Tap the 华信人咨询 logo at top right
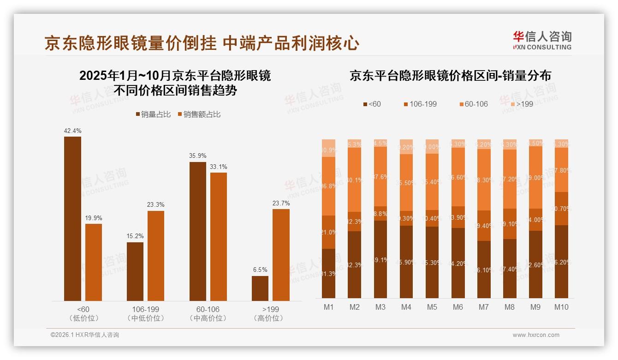[542, 40]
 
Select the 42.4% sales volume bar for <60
[72, 219]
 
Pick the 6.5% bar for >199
[260, 288]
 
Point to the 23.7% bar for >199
[281, 255]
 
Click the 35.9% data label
[197, 156]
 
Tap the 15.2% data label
[135, 236]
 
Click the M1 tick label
[329, 307]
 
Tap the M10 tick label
[561, 307]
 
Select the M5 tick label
[432, 307]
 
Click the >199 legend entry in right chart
[521, 104]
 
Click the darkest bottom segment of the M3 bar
[380, 259]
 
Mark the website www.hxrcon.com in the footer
[536, 335]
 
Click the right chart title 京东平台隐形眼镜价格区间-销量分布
[450, 76]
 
